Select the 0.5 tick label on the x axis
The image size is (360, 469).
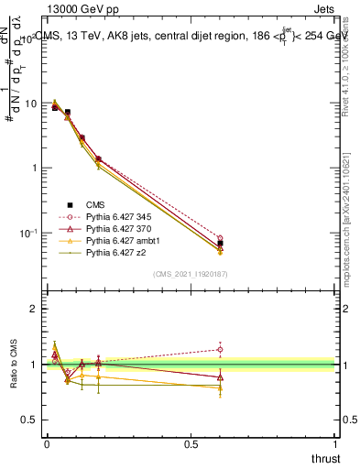(191, 444)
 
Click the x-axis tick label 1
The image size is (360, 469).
(335, 444)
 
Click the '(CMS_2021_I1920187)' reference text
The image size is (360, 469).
(191, 274)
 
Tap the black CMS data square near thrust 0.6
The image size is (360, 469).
(220, 244)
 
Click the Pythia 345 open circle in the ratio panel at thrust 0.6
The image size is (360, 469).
(220, 349)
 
